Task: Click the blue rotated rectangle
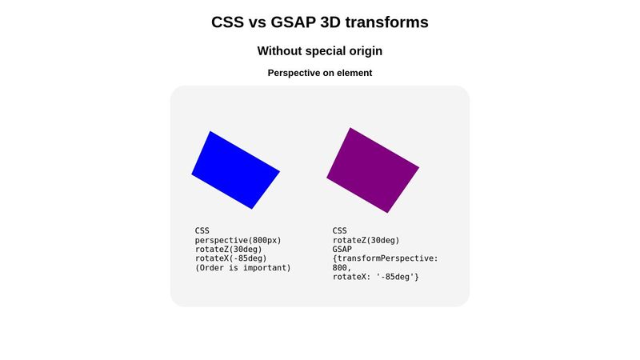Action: coord(235,170)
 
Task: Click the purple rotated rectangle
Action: coord(373,170)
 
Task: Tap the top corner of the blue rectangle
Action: coord(210,132)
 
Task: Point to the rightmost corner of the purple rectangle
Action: coord(418,168)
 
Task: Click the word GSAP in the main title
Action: coord(301,22)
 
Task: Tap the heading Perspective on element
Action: coord(319,73)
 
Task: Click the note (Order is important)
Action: coord(242,268)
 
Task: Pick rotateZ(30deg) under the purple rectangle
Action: coord(366,240)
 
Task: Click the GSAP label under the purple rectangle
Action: coord(342,249)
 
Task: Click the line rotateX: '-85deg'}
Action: coord(375,277)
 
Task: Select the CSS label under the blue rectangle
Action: coord(202,230)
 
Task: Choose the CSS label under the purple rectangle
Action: coord(340,230)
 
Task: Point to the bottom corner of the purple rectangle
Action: coord(388,212)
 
